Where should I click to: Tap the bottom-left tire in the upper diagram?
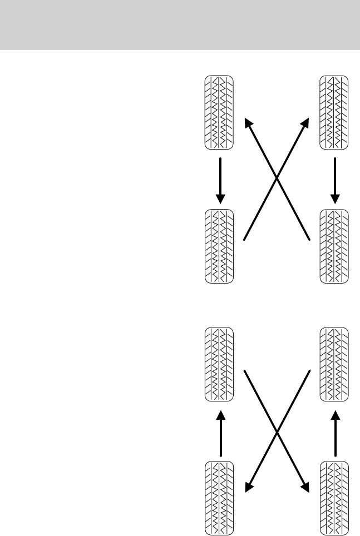point(219,246)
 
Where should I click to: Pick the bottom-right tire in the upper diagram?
point(334,246)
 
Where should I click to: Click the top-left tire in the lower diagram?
point(219,364)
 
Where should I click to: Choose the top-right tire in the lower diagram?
point(334,364)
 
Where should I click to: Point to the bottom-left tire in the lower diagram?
point(219,498)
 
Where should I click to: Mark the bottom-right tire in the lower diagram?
point(334,498)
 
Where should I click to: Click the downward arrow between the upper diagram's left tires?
point(220,180)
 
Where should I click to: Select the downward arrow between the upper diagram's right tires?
point(335,180)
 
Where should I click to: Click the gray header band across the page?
point(180,25)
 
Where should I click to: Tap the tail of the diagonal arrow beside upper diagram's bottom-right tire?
point(308,239)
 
